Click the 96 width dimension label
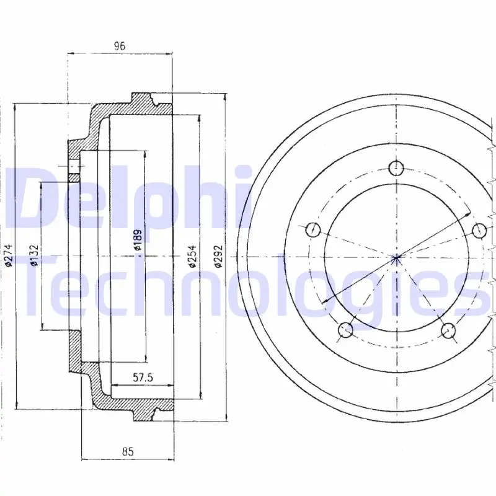coord(120,46)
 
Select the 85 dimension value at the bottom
coord(128,451)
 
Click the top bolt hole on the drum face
coord(396,168)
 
